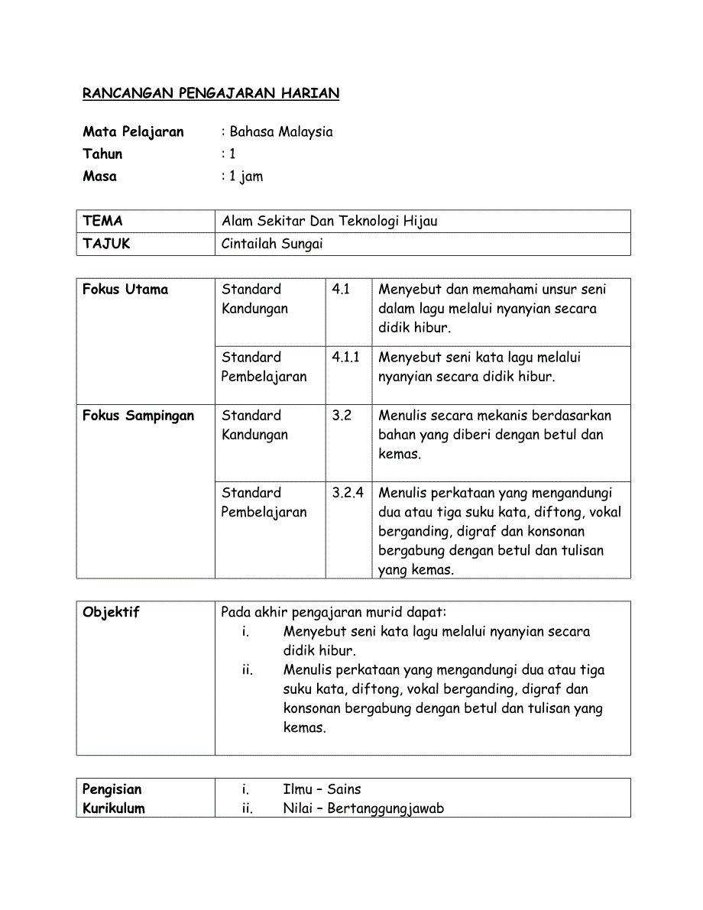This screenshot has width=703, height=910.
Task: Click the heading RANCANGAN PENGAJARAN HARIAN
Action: point(211,93)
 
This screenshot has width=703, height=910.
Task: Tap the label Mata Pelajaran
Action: point(133,131)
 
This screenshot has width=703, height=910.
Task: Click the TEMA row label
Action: point(102,221)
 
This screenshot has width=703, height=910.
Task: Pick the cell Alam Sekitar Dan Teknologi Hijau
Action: point(329,221)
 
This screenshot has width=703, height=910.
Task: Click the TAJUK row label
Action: point(106,244)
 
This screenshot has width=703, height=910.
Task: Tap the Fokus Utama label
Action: point(125,289)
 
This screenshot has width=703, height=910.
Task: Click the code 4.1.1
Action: point(345,357)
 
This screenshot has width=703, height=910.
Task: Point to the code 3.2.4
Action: point(348,493)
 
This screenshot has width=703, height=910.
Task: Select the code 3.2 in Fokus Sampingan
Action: point(342,416)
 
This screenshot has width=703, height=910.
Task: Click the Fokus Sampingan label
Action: point(138,416)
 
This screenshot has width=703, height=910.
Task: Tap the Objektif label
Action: point(111,612)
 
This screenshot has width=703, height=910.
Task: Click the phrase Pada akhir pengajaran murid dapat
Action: point(334,612)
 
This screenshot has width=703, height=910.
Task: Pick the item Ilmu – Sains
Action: point(322,789)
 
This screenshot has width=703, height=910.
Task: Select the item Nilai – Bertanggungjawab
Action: point(363,808)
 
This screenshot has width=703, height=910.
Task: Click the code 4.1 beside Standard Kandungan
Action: point(341,289)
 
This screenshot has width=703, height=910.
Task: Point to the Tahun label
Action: point(102,154)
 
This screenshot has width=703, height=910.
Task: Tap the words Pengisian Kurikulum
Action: point(113,798)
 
